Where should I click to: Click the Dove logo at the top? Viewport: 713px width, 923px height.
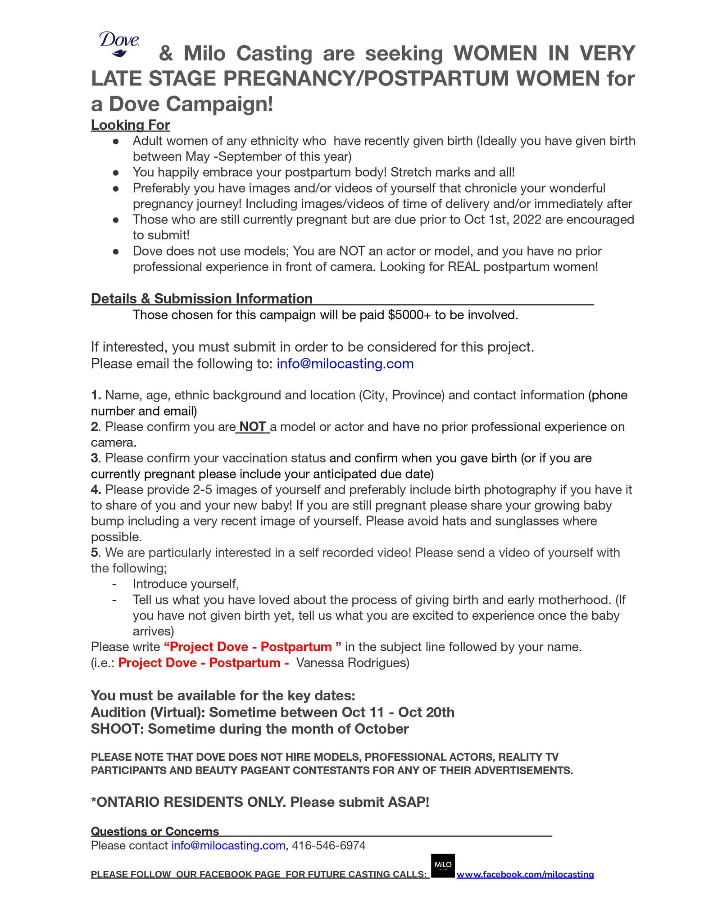pos(119,44)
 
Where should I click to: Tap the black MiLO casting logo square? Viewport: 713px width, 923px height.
pos(442,865)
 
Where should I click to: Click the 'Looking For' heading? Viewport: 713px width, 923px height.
pos(130,125)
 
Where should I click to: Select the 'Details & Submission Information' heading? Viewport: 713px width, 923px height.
pos(201,298)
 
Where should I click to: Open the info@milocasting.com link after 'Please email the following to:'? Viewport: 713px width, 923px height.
pos(345,363)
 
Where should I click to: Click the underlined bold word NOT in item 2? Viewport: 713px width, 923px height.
pos(253,426)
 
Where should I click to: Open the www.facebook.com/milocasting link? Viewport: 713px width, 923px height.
pos(525,874)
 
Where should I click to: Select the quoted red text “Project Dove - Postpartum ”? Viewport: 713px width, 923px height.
pos(253,647)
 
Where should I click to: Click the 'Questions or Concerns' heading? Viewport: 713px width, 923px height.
pos(155,832)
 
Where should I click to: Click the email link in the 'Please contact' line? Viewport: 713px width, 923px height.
pos(228,845)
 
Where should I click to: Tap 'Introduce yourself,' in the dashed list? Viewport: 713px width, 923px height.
pos(186,584)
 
